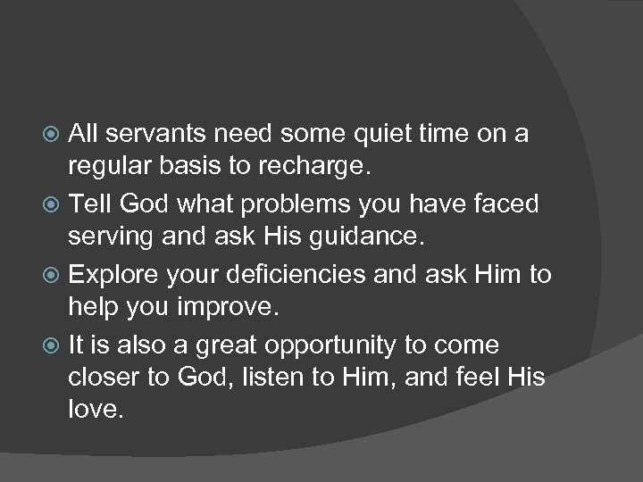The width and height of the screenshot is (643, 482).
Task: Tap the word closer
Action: pos(111,378)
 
